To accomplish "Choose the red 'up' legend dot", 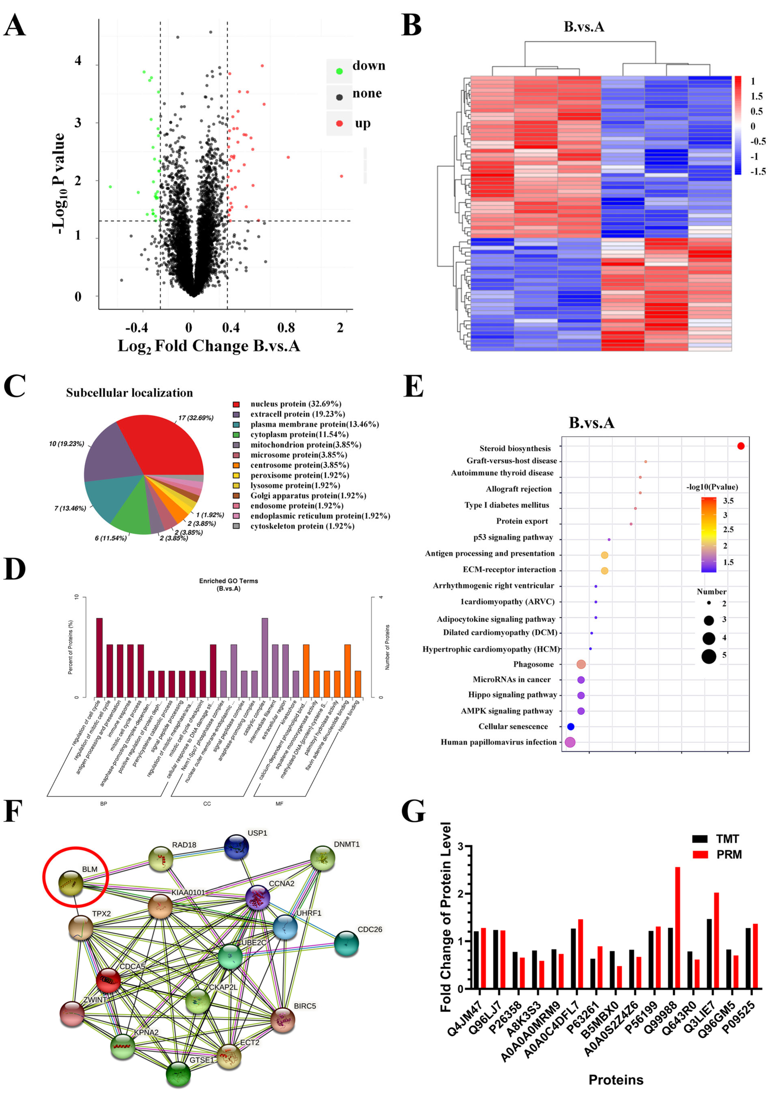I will pyautogui.click(x=339, y=123).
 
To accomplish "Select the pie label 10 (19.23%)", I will pyautogui.click(x=66, y=444).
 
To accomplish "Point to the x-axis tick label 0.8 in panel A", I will pyautogui.click(x=286, y=327).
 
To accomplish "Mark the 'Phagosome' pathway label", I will pyautogui.click(x=533, y=664).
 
